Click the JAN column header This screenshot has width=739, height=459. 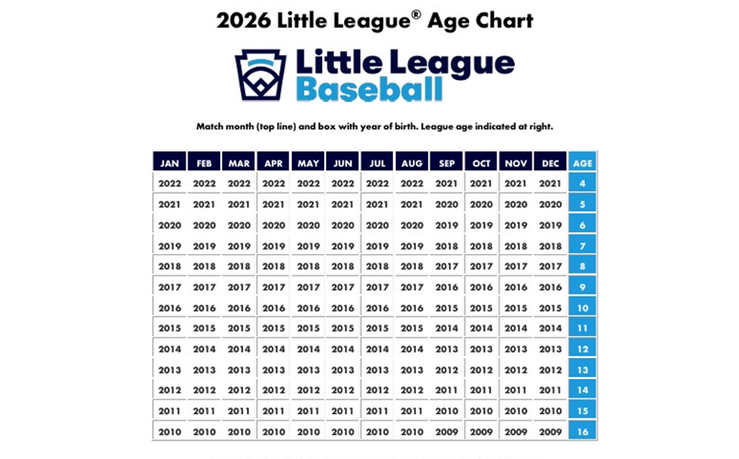(170, 162)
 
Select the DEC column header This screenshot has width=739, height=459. (550, 162)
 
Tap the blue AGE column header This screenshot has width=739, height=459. (582, 162)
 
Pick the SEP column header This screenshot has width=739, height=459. (447, 162)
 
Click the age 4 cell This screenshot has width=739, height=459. (582, 184)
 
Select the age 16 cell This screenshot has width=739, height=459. (582, 431)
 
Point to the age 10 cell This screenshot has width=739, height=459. (582, 308)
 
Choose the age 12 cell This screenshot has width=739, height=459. (582, 349)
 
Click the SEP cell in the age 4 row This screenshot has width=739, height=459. (447, 184)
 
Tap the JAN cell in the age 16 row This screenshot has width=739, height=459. (170, 431)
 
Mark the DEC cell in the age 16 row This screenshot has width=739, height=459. (550, 431)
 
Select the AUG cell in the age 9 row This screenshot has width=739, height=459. (412, 287)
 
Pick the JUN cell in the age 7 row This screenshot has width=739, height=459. (342, 246)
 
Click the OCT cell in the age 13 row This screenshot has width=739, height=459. (481, 370)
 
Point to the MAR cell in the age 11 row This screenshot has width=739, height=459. (239, 329)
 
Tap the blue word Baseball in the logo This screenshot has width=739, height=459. (369, 90)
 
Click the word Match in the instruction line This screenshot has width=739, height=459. (212, 126)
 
